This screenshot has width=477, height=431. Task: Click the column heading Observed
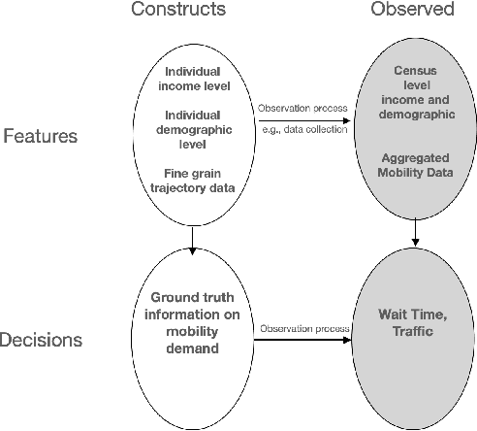414,10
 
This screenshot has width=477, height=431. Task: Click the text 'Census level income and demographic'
414,93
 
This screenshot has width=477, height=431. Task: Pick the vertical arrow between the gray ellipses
416,233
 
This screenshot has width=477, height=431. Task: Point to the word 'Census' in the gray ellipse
414,72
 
